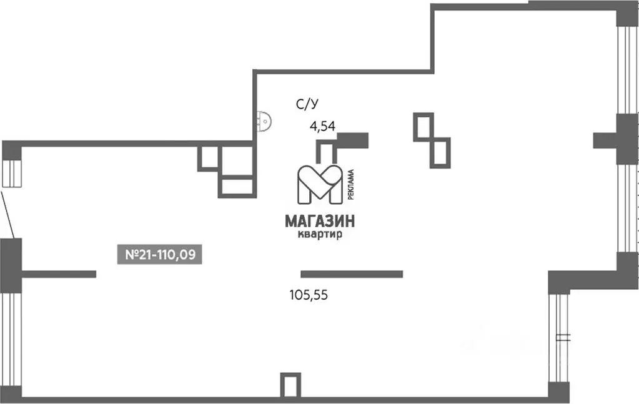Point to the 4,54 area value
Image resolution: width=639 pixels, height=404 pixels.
(x=323, y=126)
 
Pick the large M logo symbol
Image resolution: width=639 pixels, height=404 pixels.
(x=319, y=185)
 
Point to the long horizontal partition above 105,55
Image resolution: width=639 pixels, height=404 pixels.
(x=352, y=273)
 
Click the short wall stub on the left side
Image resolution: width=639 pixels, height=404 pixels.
(x=59, y=273)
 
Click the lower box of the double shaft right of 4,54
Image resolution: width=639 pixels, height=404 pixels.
(x=440, y=152)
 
